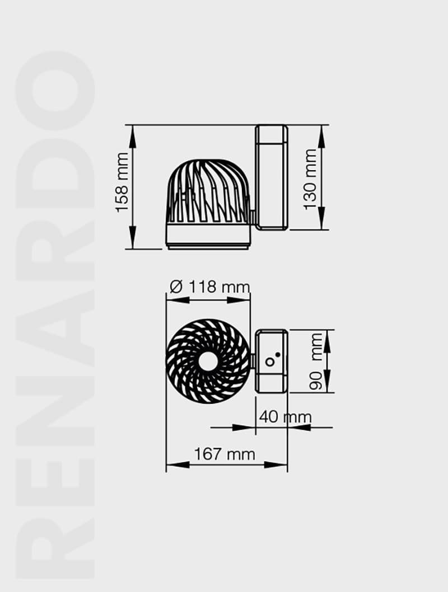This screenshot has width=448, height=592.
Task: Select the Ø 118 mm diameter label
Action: (x=209, y=287)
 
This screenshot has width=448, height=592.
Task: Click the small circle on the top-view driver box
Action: (x=270, y=362)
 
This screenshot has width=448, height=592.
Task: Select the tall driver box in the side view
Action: (x=272, y=177)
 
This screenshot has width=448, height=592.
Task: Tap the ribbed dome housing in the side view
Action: (x=207, y=193)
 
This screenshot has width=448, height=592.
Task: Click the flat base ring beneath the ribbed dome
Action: (x=208, y=236)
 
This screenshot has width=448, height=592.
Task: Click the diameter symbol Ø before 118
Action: (x=175, y=287)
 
